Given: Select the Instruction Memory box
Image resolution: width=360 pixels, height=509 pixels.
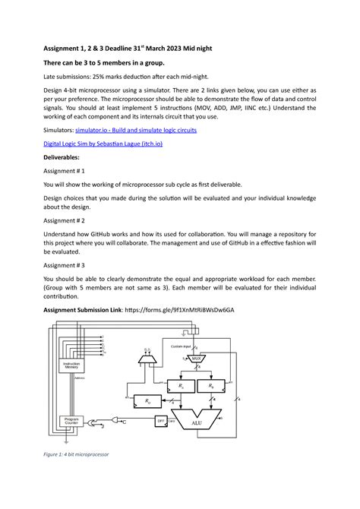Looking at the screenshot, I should click(x=71, y=365).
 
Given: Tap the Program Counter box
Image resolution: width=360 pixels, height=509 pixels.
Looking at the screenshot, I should click(x=71, y=421).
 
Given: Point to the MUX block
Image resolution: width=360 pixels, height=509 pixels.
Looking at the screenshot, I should click(x=196, y=359).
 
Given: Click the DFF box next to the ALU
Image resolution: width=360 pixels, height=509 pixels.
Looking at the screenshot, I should click(x=161, y=420).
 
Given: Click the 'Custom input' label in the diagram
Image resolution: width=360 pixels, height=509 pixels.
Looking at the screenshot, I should click(x=181, y=346).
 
